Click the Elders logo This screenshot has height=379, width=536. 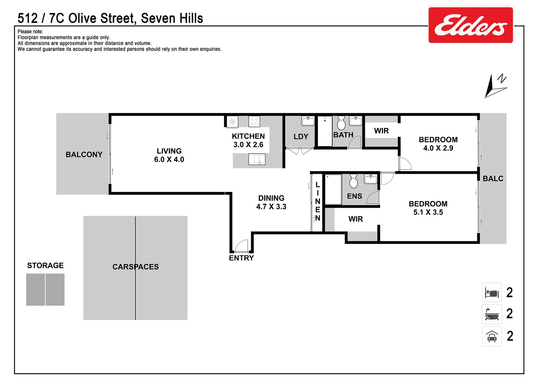tap(470, 25)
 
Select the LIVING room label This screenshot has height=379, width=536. tap(169, 155)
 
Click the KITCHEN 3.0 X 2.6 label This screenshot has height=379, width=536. tap(248, 140)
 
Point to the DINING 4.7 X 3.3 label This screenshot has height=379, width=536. tap(271, 202)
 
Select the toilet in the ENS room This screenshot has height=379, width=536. tap(353, 181)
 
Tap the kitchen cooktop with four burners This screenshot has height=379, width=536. tap(254, 122)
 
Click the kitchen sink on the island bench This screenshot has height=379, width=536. tap(257, 159)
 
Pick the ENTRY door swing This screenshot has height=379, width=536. tap(242, 246)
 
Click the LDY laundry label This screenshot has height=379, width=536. tap(301, 137)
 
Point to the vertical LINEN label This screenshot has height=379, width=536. tap(317, 201)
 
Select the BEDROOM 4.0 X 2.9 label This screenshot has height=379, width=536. tap(438, 144)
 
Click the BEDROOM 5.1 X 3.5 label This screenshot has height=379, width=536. tap(428, 208)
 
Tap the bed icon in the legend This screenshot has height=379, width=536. tap(492, 292)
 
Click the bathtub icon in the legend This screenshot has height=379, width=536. tap(492, 314)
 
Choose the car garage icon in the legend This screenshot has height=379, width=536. tap(492, 336)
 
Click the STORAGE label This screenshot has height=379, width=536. tap(45, 265)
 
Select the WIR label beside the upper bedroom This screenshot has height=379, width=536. tap(381, 131)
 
